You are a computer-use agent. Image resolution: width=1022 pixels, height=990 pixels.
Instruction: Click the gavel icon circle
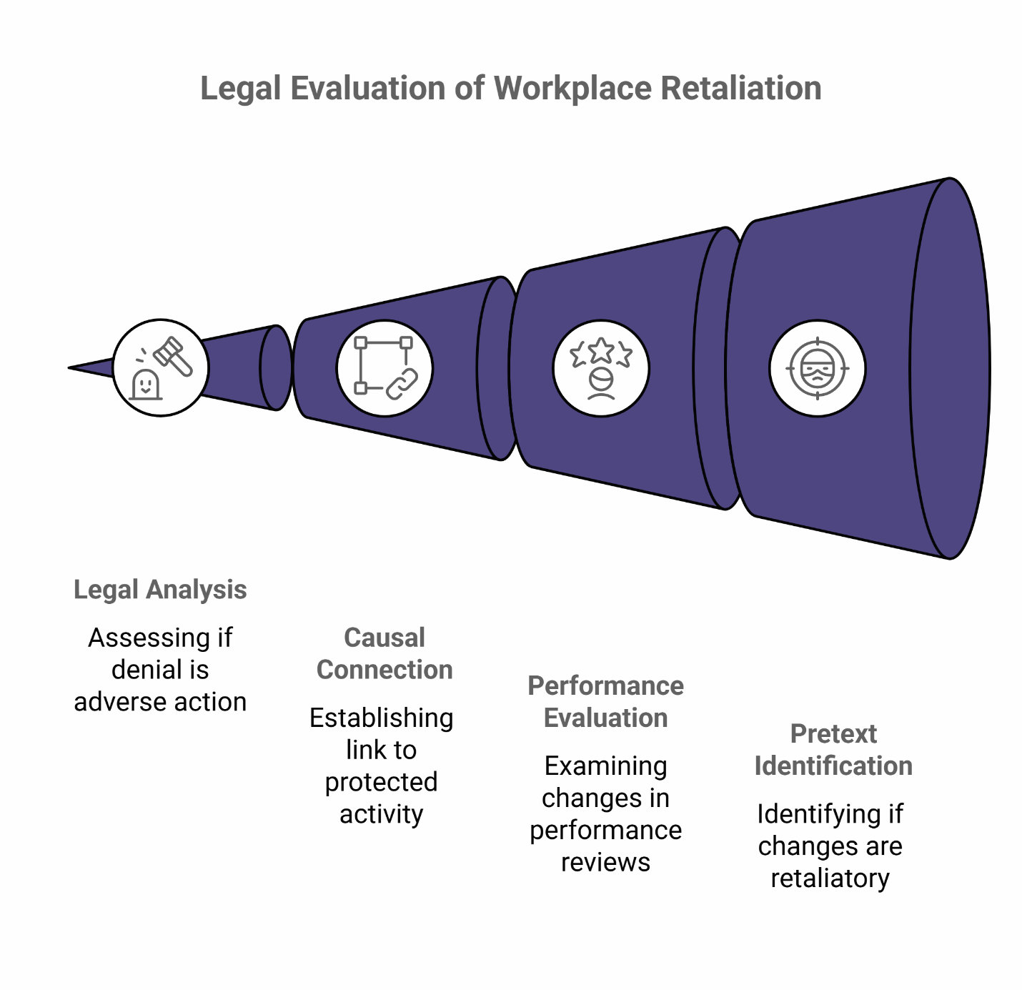pyautogui.click(x=161, y=367)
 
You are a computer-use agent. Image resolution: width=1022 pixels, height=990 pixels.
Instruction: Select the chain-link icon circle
pyautogui.click(x=385, y=367)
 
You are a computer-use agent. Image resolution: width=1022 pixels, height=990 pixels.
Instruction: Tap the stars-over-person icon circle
pyautogui.click(x=601, y=367)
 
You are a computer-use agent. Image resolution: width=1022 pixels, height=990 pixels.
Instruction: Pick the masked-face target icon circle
pyautogui.click(x=818, y=367)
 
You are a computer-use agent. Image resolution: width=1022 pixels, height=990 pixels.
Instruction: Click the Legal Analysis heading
pyautogui.click(x=160, y=590)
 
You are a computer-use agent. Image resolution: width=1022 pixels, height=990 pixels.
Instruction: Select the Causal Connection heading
pyautogui.click(x=385, y=653)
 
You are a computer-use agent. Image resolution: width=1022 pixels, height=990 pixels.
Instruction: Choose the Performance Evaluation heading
pyautogui.click(x=605, y=701)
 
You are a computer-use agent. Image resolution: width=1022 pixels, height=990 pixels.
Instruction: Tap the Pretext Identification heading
pyautogui.click(x=833, y=749)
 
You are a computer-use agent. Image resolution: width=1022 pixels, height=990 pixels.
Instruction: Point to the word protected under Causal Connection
pyautogui.click(x=381, y=781)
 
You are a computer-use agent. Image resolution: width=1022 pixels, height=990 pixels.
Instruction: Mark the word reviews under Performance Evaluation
pyautogui.click(x=605, y=862)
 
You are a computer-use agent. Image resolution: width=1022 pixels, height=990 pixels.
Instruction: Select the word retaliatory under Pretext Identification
pyautogui.click(x=830, y=878)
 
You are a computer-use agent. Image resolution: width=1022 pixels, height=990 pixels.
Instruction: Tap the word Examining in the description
pyautogui.click(x=605, y=766)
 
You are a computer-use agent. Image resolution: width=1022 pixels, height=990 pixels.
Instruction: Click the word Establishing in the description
pyautogui.click(x=381, y=718)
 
